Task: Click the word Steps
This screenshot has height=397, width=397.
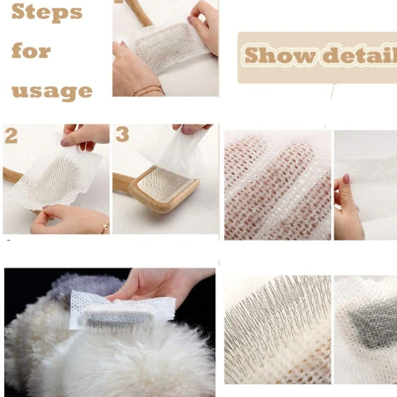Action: pos(47,13)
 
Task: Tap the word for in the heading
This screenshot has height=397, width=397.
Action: pos(31,51)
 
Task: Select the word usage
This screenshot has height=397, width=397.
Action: pos(52,90)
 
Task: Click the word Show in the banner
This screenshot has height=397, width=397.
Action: pos(273,56)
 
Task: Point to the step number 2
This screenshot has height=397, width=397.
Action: pos(10,135)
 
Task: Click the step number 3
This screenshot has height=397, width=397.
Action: pos(121,134)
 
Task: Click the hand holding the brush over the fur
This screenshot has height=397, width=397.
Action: pos(159,284)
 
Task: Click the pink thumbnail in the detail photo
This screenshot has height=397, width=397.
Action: pos(345,179)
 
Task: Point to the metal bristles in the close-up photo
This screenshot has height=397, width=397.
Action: pos(270,318)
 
